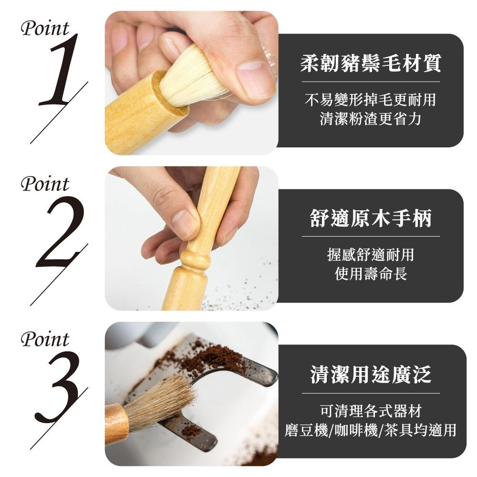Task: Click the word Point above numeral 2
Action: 45,184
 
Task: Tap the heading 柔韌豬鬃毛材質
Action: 371,63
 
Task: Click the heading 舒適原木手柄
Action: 371,218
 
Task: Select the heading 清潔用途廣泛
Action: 371,374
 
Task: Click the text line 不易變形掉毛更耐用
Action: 371,100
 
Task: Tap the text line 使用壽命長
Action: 371,273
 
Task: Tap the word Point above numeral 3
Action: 45,340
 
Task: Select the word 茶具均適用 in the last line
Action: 420,430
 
